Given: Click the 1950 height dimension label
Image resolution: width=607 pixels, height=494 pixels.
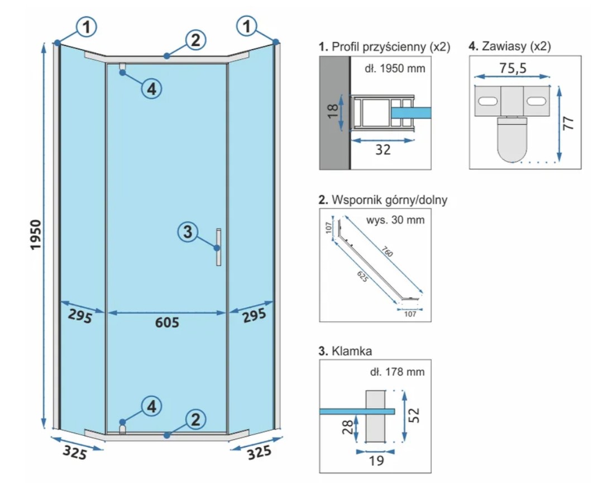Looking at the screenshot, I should (x=35, y=235).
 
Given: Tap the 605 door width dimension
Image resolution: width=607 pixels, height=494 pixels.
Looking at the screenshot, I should (x=167, y=322).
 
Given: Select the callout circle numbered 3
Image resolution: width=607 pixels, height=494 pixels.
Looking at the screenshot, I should (x=188, y=231).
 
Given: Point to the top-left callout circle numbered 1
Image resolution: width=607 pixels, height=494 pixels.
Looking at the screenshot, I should (x=87, y=26).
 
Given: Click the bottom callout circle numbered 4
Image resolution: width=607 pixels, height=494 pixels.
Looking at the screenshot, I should (x=149, y=407).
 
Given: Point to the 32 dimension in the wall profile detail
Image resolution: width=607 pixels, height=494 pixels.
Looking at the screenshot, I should (x=383, y=150).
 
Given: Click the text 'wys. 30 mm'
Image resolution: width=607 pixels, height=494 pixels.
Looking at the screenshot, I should (x=395, y=220).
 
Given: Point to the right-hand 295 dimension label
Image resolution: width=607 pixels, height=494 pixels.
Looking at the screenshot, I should (x=255, y=316).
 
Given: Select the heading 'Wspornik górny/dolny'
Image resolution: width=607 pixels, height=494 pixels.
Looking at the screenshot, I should (x=383, y=200).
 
